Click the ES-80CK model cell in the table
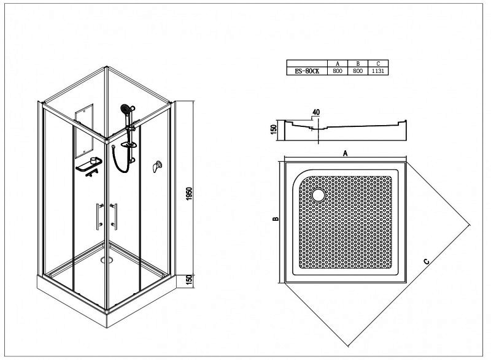point(307,71)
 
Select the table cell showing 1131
point(378,71)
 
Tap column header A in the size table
point(338,64)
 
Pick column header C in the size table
point(378,64)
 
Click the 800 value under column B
point(358,71)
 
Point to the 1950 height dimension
point(189,194)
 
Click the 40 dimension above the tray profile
point(316,112)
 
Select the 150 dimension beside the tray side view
point(273,129)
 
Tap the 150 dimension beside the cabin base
point(189,280)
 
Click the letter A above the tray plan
point(346,153)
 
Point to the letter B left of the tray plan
point(276,219)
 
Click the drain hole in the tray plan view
point(319,195)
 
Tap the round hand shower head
point(125,109)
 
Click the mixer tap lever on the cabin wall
point(157,166)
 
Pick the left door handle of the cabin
point(99,216)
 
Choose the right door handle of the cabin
point(114,216)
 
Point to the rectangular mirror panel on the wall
point(84,131)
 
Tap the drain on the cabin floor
point(106,259)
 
